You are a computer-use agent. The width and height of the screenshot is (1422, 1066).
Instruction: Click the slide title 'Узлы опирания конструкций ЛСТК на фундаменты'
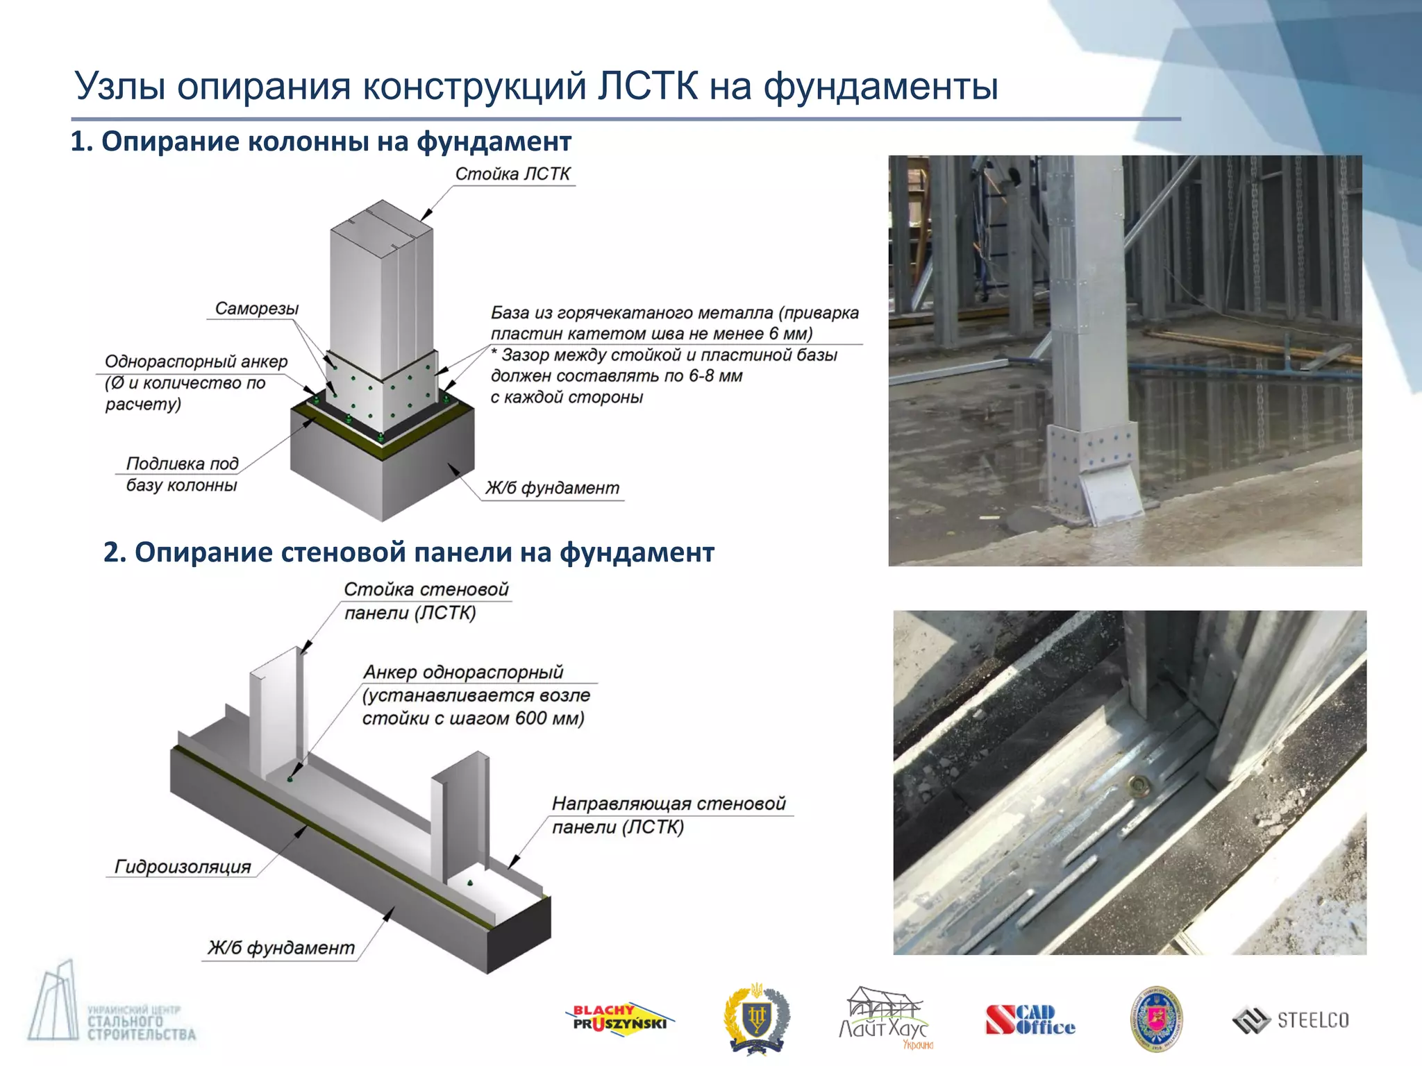click(x=535, y=87)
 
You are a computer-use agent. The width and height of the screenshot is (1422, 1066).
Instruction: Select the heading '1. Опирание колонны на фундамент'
click(x=321, y=142)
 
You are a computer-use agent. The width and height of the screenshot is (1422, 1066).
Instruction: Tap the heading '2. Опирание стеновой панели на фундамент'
click(x=408, y=552)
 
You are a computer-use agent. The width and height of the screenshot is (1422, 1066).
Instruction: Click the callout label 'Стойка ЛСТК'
click(x=512, y=174)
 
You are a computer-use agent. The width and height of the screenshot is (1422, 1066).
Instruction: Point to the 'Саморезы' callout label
click(x=256, y=308)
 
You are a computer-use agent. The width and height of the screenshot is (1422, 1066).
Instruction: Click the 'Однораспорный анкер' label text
click(x=195, y=362)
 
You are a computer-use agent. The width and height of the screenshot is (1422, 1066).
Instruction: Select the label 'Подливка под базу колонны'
click(x=182, y=474)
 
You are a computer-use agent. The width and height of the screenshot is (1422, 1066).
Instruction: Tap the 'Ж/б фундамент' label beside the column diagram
click(x=552, y=488)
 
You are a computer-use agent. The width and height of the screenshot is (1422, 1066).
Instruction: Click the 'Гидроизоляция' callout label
click(x=183, y=867)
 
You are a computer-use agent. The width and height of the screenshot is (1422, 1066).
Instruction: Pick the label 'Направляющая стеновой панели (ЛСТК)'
click(x=668, y=815)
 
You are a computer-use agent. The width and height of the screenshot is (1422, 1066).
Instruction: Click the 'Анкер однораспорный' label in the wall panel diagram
click(x=463, y=672)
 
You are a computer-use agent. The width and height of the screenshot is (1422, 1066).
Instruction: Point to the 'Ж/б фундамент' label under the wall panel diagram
click(x=281, y=948)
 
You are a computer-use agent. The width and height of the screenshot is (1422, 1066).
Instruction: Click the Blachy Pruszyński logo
click(x=619, y=1020)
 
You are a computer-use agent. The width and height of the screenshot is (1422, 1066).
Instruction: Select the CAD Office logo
click(x=1030, y=1020)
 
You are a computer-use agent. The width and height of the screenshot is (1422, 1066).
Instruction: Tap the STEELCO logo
click(x=1291, y=1020)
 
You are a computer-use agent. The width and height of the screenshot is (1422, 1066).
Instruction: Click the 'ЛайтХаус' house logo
click(x=885, y=1017)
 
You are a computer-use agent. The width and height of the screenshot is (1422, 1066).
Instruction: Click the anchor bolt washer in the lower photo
click(x=1139, y=785)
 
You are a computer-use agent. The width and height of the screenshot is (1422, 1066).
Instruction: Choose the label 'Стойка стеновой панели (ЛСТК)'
click(x=426, y=601)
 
